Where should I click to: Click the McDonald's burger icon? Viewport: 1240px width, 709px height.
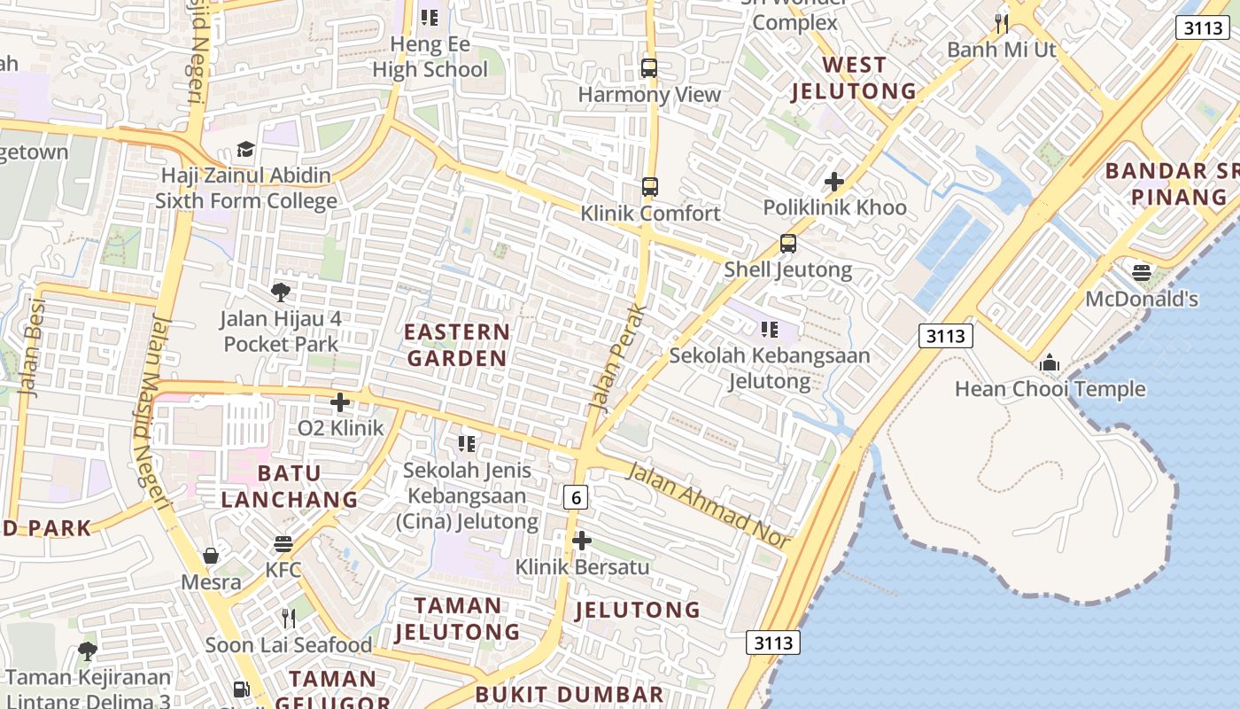tap(1141, 271)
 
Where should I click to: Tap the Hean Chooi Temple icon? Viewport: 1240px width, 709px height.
tap(1050, 362)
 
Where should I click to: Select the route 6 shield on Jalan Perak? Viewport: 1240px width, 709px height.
tap(577, 498)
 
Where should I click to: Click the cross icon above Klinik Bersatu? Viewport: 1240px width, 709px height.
tap(582, 540)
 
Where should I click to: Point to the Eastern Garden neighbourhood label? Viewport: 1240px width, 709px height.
tap(456, 345)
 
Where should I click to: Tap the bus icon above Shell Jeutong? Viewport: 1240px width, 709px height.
tap(788, 243)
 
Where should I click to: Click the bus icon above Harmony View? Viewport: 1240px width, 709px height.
tap(649, 67)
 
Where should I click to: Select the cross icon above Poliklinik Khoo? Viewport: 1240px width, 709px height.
tap(833, 182)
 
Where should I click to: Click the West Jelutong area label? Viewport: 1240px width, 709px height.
tap(854, 77)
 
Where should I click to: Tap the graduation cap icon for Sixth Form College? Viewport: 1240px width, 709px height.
tap(245, 150)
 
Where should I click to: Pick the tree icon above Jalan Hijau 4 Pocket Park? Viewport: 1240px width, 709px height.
tap(281, 292)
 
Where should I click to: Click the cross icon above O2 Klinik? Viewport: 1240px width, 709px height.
tap(340, 402)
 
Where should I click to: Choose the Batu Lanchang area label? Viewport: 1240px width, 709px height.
tap(289, 486)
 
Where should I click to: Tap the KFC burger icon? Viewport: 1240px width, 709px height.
tap(283, 543)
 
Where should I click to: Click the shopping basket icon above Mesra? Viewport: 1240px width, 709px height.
tap(211, 556)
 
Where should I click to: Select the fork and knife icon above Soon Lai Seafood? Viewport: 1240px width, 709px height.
tap(288, 618)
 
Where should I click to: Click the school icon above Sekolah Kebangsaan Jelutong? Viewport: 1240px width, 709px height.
tap(770, 330)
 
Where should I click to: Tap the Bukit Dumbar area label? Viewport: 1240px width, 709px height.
tap(569, 694)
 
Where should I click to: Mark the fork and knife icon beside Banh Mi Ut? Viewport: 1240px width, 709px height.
tap(1002, 23)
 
